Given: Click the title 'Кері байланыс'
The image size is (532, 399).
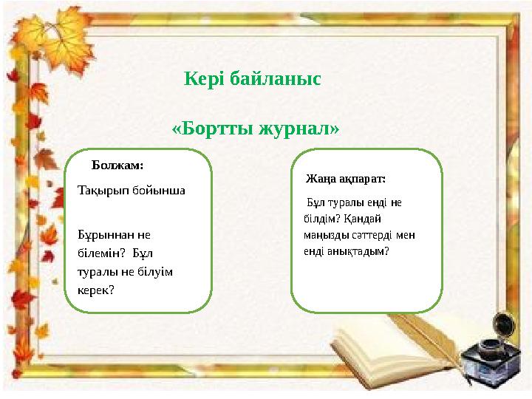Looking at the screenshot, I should [x=253, y=78].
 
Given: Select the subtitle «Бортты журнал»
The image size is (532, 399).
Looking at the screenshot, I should [x=256, y=128].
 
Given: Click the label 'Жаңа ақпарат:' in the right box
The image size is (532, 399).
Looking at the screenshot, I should [x=346, y=179].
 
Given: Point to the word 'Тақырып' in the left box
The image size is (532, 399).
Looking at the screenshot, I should [x=103, y=190].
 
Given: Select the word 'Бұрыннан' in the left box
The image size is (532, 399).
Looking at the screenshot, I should [x=106, y=234].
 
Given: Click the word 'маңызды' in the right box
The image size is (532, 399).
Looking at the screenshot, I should [x=326, y=235].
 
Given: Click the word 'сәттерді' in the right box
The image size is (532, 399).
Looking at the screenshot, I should [x=372, y=235].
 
